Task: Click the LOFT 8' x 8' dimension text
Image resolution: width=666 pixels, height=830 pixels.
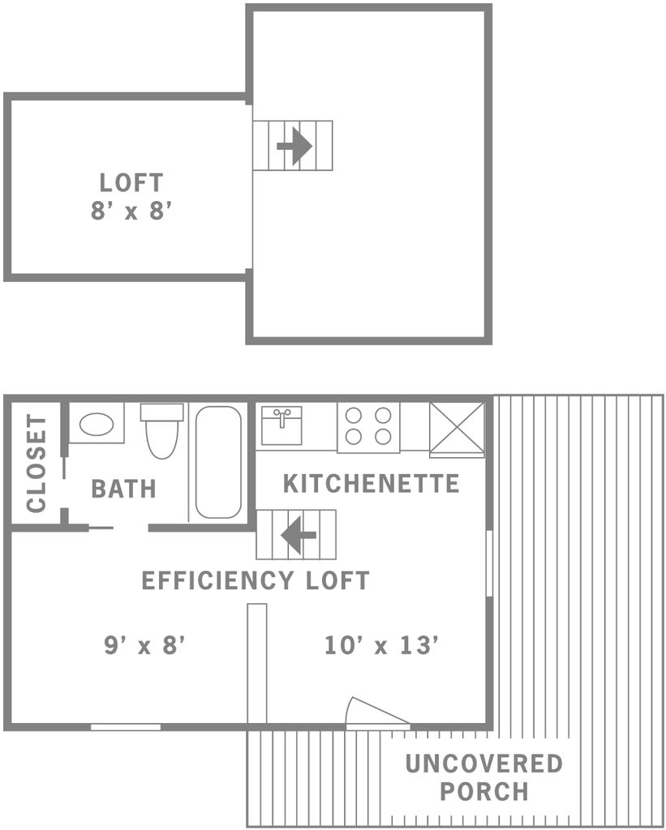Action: click(131, 211)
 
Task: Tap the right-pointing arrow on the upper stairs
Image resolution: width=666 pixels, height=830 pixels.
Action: click(294, 146)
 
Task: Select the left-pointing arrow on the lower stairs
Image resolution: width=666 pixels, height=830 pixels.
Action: click(299, 535)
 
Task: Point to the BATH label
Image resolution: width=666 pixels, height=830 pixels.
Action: click(123, 489)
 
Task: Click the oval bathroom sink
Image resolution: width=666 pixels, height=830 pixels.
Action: click(97, 424)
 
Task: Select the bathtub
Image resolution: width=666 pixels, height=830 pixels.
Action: click(218, 462)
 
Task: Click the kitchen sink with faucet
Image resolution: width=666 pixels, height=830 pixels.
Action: click(281, 426)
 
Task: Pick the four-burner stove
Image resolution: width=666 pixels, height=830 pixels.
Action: click(368, 428)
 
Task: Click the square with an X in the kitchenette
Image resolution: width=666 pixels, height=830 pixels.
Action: click(457, 430)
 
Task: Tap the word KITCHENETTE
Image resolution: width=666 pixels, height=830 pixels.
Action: click(371, 484)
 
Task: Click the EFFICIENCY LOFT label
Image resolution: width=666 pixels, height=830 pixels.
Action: click(256, 580)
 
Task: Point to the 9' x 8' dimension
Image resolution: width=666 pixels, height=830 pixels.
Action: click(144, 645)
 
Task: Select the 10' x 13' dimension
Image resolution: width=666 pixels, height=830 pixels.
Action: click(381, 645)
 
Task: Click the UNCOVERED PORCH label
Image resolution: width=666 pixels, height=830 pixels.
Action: click(483, 777)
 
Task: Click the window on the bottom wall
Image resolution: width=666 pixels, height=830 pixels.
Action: click(126, 727)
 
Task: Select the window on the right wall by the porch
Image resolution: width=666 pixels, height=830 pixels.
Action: click(490, 564)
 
